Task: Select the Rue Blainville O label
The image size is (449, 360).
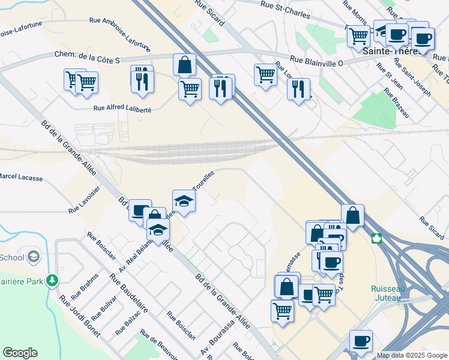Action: coord(316,60)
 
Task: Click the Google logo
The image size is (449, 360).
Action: coord(20,353)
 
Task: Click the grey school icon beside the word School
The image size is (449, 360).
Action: coord(34,257)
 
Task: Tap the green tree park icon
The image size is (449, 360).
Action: coord(53,280)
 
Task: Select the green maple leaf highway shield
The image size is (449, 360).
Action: coord(376,239)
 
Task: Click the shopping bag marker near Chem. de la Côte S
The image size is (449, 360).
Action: coord(184,64)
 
